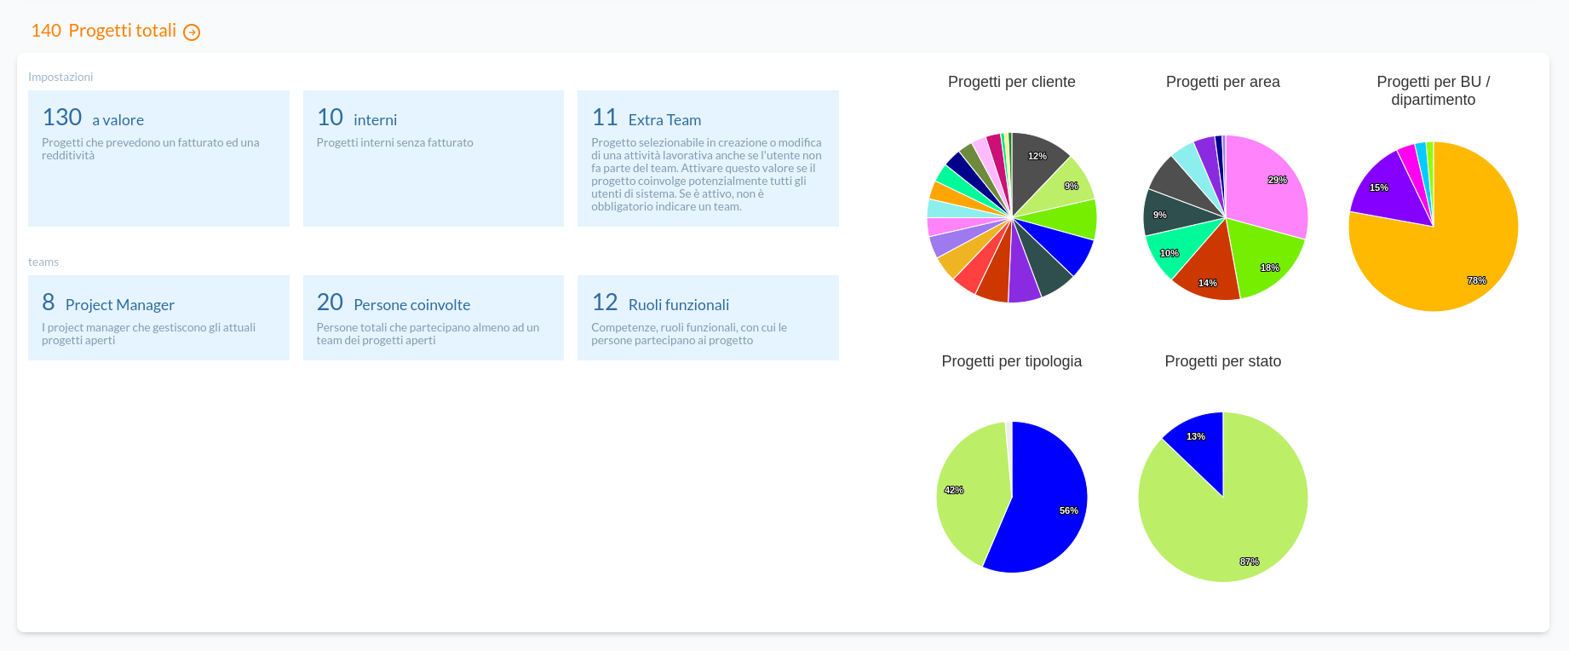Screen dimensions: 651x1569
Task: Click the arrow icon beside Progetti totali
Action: click(x=193, y=32)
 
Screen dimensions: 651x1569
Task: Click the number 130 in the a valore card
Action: click(x=62, y=118)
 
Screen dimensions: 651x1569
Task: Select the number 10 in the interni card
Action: click(x=330, y=118)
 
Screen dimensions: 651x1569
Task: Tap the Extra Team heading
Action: click(x=664, y=120)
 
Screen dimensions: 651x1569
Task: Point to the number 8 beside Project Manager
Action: click(x=49, y=302)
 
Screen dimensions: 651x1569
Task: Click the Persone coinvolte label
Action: click(x=411, y=305)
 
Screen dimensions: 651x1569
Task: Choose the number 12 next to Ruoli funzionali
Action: click(x=605, y=302)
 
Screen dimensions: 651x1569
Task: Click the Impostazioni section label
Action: click(x=60, y=77)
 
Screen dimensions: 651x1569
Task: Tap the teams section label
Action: click(x=43, y=262)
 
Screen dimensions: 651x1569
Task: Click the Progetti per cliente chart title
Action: click(x=1011, y=82)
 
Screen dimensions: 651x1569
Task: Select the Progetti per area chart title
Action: click(x=1222, y=82)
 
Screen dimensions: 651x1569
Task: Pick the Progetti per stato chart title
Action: click(x=1222, y=361)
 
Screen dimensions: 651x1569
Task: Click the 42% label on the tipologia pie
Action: click(x=954, y=490)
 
